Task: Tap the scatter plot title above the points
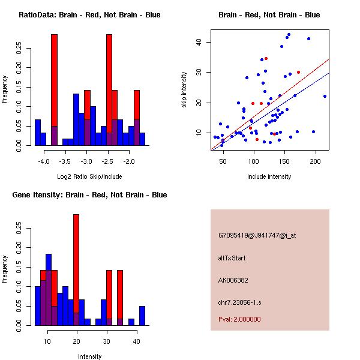pos(269,14)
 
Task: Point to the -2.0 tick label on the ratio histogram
pos(129,162)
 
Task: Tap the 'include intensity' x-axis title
pos(269,176)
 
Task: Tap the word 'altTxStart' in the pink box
pos(232,258)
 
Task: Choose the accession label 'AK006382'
pos(233,280)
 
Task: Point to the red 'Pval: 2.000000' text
pos(239,319)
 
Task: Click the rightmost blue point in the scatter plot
pos(325,96)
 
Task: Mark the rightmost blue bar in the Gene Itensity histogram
pos(142,316)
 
